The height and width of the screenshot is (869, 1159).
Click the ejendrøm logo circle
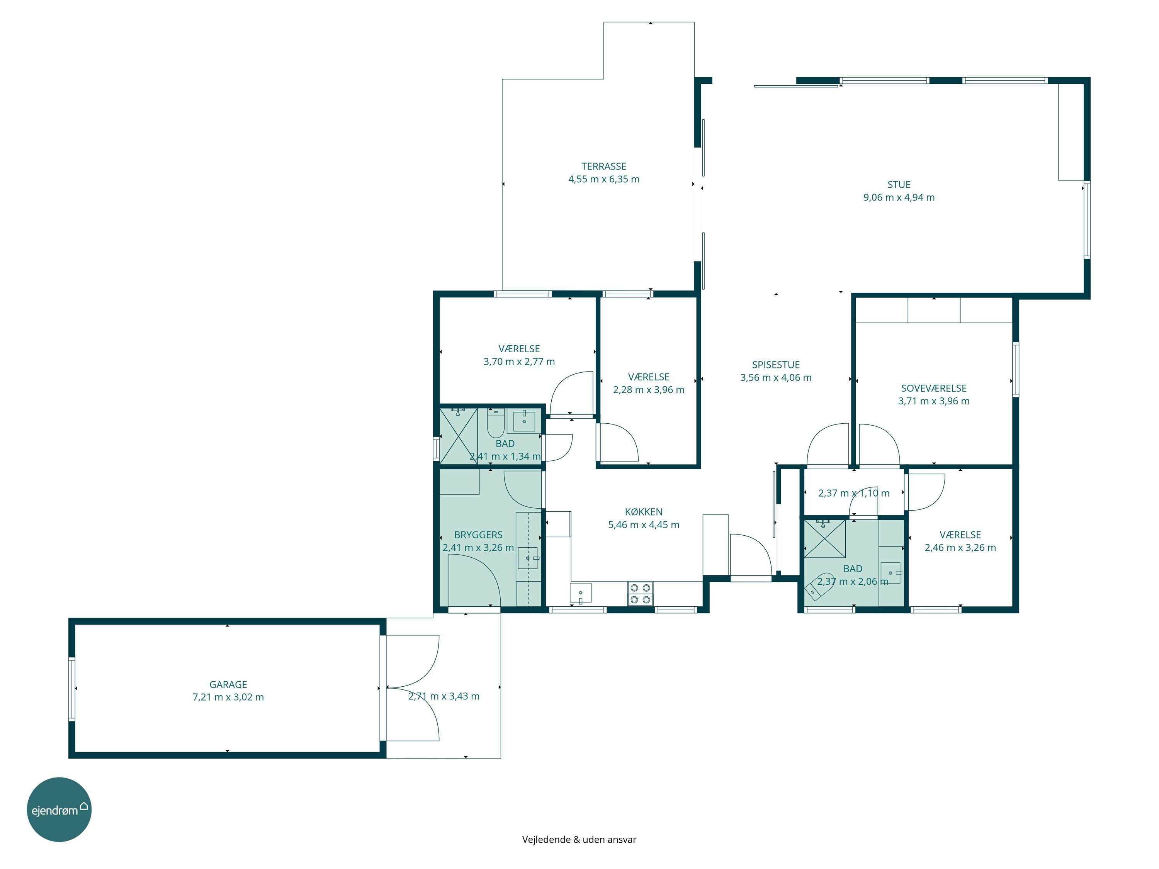click(59, 809)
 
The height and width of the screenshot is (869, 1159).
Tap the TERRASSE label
click(603, 166)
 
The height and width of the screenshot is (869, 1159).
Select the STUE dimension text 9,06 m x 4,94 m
click(899, 197)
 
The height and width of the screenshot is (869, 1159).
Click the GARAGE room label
click(228, 684)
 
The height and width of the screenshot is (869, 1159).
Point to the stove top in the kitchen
click(640, 594)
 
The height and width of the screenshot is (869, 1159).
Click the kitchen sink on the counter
click(581, 593)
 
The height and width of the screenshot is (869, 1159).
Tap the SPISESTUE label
click(776, 365)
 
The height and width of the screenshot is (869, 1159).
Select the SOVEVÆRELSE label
click(934, 388)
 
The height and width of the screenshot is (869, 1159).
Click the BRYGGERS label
click(478, 535)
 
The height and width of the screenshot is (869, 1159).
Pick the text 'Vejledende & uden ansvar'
click(579, 839)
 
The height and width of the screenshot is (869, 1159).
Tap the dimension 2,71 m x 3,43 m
click(444, 696)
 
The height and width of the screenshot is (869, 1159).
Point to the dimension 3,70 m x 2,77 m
click(519, 362)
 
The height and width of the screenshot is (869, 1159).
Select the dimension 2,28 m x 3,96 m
click(649, 390)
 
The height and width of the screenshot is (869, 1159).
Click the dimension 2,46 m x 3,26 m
click(960, 547)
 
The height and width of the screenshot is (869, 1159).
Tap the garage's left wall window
click(72, 689)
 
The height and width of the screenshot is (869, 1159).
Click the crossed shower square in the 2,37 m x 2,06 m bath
click(825, 538)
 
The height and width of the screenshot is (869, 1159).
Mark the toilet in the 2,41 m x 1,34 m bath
click(496, 423)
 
